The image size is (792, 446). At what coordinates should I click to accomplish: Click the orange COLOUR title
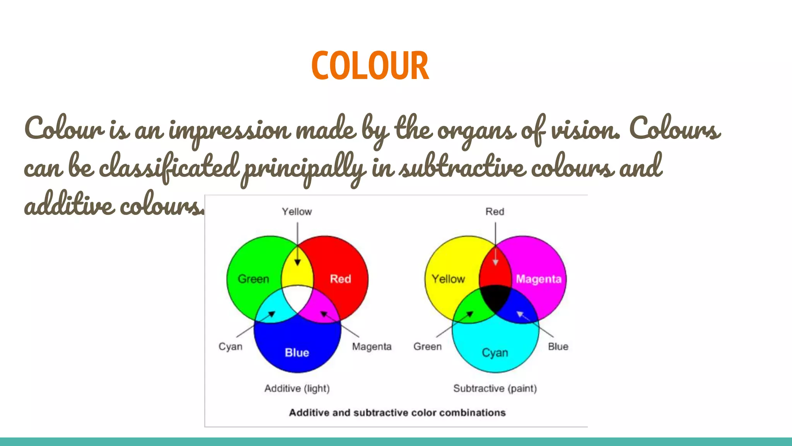point(370,66)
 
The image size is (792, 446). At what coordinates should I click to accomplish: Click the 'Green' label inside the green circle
point(253,279)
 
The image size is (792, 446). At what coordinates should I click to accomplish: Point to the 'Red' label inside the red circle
point(340,279)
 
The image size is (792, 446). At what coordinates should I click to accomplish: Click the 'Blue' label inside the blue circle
point(297,352)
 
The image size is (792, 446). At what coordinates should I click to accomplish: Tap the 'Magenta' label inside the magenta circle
point(538,279)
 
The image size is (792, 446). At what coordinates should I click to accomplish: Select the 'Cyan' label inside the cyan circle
point(495,352)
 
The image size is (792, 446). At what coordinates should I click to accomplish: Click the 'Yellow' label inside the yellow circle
point(448,279)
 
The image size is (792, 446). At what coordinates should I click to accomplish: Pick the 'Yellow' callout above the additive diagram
point(297,212)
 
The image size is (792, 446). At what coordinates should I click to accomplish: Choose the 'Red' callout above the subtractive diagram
point(495,212)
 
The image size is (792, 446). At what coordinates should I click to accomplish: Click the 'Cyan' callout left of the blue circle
point(230,347)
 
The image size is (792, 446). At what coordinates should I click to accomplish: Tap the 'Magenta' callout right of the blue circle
point(372,347)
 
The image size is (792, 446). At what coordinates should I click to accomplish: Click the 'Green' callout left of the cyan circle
point(427,347)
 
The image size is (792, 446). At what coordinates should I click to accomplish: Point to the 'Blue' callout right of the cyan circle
point(558,347)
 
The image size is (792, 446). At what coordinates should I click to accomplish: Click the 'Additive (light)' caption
point(297,388)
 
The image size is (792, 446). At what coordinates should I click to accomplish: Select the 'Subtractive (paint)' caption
point(495,388)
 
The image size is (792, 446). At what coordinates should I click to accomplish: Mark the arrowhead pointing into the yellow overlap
point(297,263)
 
